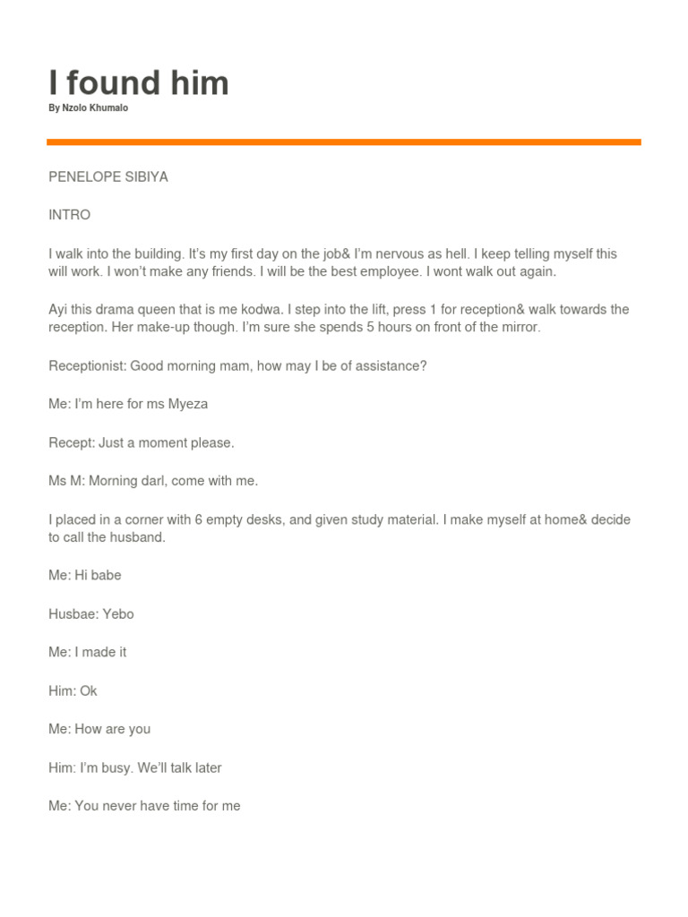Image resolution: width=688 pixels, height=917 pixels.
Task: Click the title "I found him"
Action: (139, 83)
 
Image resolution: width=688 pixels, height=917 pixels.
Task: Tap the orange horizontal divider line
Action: (344, 141)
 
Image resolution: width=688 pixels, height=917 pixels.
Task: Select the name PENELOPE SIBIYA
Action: (108, 177)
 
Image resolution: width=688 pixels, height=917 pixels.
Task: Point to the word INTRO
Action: (70, 216)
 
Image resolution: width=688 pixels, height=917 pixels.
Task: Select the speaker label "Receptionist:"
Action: (88, 366)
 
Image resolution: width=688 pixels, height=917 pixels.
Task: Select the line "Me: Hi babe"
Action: (84, 576)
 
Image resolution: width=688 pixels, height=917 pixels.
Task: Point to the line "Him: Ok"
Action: (73, 691)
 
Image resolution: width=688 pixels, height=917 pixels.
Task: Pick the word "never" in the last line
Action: (121, 806)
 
